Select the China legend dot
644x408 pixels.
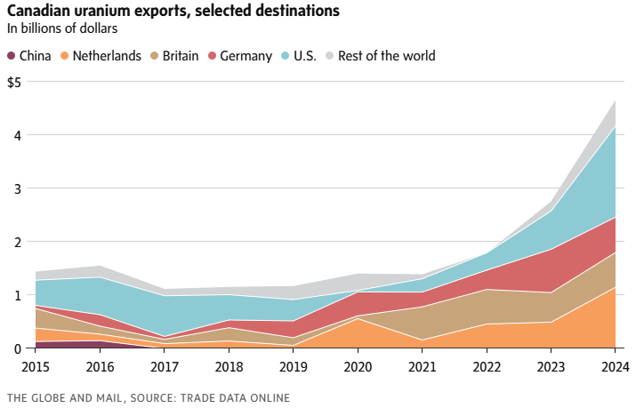12,56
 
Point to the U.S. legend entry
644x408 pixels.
304,56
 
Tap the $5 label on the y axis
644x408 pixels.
14,82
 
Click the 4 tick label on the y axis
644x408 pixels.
18,135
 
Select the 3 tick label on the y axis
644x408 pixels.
18,188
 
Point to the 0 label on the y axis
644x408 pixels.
18,348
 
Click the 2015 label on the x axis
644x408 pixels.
36,365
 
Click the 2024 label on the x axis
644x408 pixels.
614,365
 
